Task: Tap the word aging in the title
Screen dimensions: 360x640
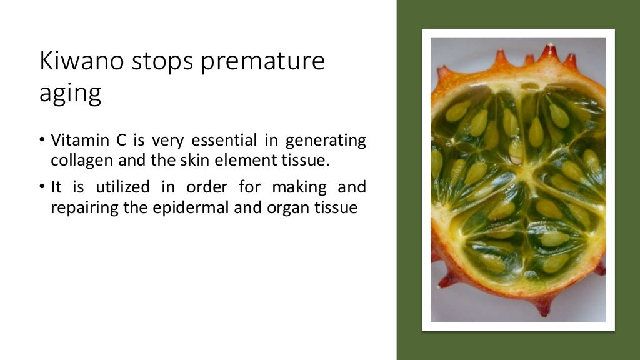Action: (70, 94)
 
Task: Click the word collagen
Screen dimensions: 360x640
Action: (81, 160)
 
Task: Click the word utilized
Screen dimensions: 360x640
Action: (123, 187)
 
